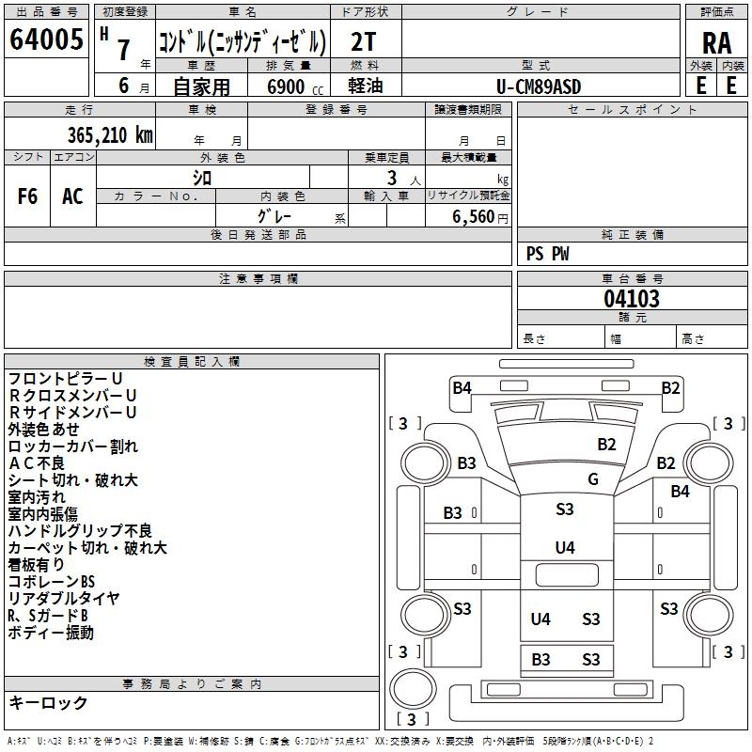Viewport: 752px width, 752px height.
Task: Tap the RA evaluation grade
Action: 716,42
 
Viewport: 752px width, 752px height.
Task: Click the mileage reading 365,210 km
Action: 110,134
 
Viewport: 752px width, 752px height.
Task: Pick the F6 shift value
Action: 28,196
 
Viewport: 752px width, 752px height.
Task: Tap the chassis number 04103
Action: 632,299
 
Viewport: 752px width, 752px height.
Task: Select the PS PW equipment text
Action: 548,254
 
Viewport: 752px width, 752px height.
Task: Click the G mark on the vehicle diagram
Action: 593,479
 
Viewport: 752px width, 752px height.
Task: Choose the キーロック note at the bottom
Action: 48,703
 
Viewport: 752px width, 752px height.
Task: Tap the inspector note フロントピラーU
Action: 66,379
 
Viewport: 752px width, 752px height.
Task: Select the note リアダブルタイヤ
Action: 64,599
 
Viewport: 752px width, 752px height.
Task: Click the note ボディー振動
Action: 51,633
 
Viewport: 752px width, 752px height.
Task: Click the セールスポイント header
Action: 633,110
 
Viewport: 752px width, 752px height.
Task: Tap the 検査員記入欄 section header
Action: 192,362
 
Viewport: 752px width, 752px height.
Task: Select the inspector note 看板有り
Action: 37,565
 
